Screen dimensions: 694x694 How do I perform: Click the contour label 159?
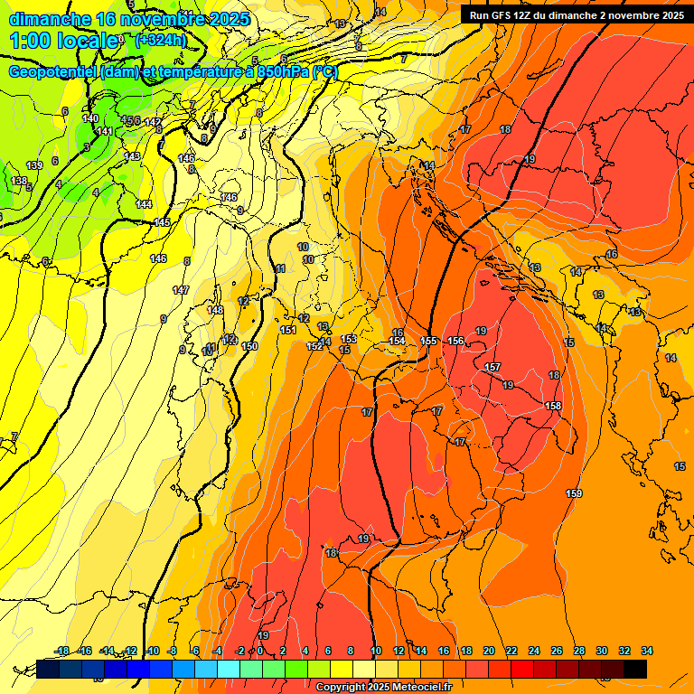tap(574, 493)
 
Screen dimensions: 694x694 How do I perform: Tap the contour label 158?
tap(554, 406)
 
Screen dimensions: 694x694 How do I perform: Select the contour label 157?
tap(492, 367)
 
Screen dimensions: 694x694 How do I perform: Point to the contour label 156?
tap(456, 341)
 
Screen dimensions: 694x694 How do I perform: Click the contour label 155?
tap(429, 341)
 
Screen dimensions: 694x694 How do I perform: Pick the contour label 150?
tap(250, 346)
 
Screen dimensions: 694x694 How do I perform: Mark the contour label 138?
tap(19, 181)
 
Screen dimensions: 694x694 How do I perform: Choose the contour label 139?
tap(34, 165)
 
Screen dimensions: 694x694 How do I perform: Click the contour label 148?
tap(215, 310)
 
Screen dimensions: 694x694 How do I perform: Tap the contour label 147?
tap(181, 290)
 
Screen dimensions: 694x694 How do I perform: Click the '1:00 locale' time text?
tap(63, 41)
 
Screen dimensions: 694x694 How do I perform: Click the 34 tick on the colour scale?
tap(646, 651)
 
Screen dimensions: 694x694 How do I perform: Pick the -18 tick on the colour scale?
tap(62, 651)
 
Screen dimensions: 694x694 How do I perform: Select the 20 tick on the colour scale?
tap(488, 651)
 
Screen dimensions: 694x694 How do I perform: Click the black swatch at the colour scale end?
tap(634, 669)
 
